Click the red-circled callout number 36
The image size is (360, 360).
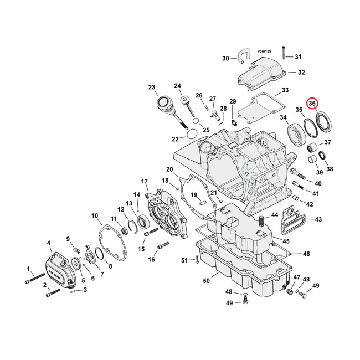click(312, 104)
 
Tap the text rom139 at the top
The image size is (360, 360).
click(265, 51)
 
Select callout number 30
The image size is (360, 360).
click(225, 59)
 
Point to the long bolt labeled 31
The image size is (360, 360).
click(283, 53)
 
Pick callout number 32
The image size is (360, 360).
click(301, 73)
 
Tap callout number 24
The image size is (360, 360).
click(178, 86)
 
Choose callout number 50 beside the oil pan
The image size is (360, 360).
click(206, 281)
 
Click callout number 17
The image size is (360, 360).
click(145, 182)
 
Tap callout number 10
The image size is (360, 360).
click(95, 215)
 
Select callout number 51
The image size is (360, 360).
click(185, 260)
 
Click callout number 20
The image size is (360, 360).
click(169, 169)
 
